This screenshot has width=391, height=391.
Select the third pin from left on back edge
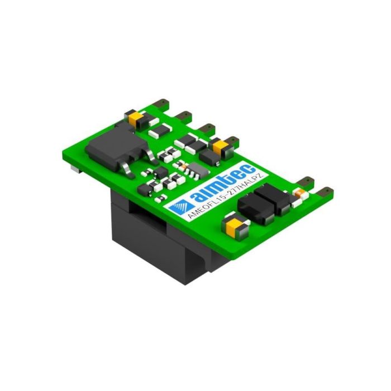(208, 127)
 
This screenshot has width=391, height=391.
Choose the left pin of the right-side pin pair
(306, 182)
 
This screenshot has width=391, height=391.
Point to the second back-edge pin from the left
(185, 115)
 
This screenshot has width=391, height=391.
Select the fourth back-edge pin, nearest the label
(230, 138)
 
